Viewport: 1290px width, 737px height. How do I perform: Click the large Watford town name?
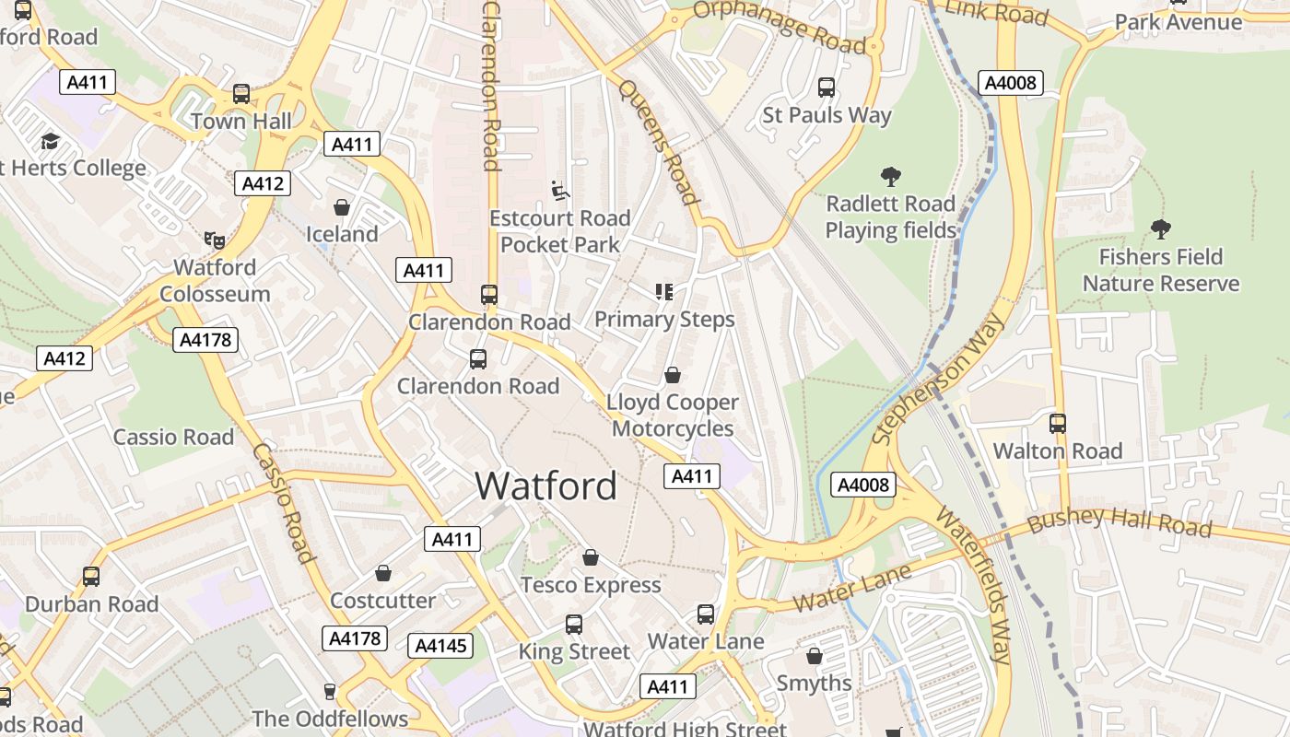(x=545, y=485)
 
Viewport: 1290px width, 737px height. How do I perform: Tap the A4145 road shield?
(x=440, y=646)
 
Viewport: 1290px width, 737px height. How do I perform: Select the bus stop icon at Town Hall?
(x=241, y=94)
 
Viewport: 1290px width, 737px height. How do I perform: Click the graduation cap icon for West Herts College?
(x=50, y=141)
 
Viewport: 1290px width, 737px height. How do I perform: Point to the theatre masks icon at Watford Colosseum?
(x=215, y=240)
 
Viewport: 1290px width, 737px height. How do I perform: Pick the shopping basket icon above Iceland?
(x=342, y=207)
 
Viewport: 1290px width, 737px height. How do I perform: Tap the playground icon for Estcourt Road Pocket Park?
(x=559, y=190)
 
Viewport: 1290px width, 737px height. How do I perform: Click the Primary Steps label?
(x=664, y=320)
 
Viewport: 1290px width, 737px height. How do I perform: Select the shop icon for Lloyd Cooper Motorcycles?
(x=674, y=375)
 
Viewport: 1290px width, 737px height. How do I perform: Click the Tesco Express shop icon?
(x=591, y=557)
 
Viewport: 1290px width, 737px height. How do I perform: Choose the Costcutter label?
(x=382, y=601)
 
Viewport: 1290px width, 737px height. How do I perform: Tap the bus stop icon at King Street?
(x=574, y=624)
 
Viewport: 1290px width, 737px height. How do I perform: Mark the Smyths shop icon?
(x=814, y=656)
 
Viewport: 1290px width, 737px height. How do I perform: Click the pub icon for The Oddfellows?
(x=330, y=691)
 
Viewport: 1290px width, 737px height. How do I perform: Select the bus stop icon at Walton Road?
(x=1058, y=424)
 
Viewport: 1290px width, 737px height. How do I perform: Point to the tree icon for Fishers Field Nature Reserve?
(x=1160, y=228)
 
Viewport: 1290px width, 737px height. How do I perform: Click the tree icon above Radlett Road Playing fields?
(x=890, y=176)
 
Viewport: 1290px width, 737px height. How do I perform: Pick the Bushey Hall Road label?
(x=1119, y=521)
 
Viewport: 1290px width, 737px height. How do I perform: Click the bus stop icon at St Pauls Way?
(x=827, y=88)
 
